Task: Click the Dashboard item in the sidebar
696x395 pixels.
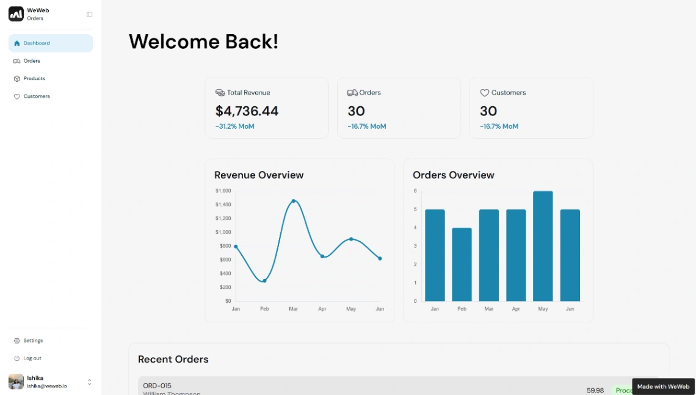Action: point(37,43)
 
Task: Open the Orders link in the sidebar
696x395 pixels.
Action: point(32,61)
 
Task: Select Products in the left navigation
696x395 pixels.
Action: point(34,79)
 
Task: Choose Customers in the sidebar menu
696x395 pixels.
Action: point(37,96)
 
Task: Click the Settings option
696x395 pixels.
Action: point(33,341)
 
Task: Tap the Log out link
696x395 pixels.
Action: point(32,358)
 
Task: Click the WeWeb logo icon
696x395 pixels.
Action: point(16,14)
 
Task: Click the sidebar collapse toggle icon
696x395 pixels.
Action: point(90,14)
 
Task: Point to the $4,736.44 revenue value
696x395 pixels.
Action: point(247,111)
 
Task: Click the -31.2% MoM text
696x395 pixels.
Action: point(234,126)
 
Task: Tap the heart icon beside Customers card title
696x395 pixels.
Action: point(485,93)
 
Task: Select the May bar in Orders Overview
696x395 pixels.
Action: point(543,246)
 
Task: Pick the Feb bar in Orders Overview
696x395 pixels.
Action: point(462,264)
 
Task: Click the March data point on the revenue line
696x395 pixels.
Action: point(294,201)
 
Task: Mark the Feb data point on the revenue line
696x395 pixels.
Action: point(264,281)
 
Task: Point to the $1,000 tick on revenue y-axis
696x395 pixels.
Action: point(223,232)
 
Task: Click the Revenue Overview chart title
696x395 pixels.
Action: point(259,175)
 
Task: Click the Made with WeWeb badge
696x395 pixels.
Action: point(663,386)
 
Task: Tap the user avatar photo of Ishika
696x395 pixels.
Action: point(16,382)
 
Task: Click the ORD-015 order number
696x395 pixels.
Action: point(157,386)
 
